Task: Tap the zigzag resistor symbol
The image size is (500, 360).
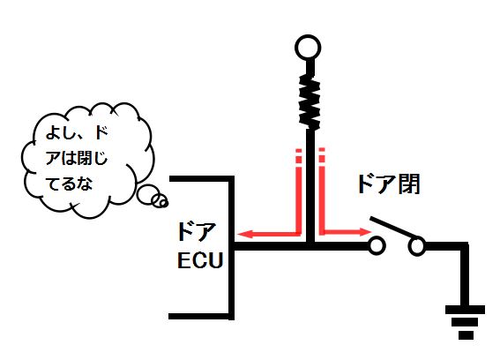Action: click(310, 102)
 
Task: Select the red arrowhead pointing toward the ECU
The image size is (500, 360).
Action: click(245, 234)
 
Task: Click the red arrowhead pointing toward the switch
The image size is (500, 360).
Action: click(364, 232)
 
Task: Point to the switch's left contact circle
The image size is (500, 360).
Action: click(377, 246)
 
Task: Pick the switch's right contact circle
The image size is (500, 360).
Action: click(417, 246)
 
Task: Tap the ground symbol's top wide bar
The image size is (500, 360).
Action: click(466, 310)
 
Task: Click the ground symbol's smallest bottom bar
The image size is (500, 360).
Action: click(466, 335)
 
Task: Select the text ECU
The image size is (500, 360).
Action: click(200, 260)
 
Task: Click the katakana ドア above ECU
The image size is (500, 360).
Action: click(197, 232)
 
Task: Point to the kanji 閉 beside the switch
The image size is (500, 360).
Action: click(408, 184)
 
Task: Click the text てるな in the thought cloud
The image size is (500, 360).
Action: click(69, 184)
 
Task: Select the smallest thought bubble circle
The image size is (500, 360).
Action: click(163, 202)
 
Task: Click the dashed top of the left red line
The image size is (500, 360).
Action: click(298, 156)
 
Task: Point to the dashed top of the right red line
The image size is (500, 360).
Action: click(322, 155)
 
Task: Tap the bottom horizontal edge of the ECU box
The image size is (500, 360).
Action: click(201, 316)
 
